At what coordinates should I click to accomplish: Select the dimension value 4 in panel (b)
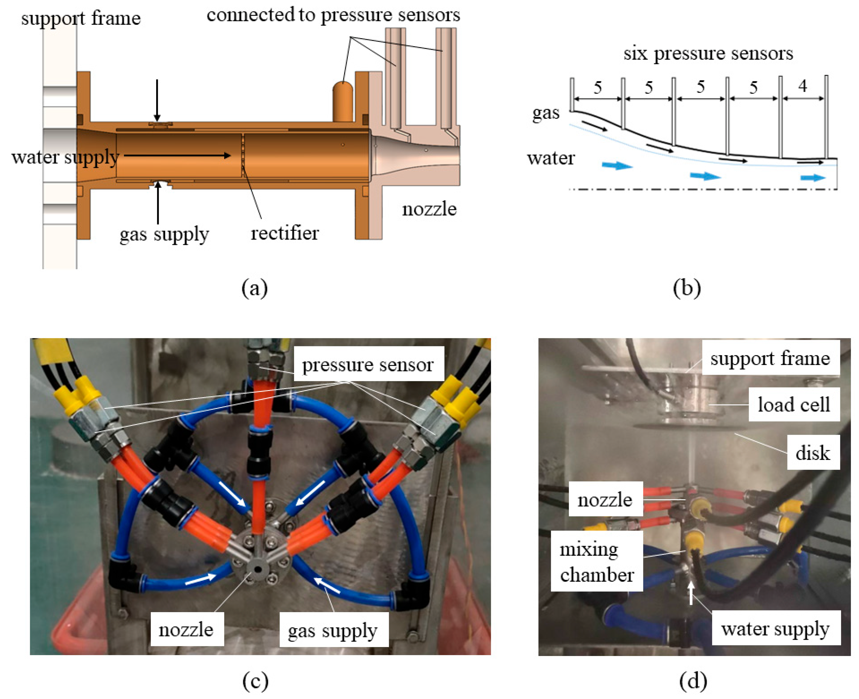click(x=802, y=86)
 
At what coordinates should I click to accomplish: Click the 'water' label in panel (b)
click(x=551, y=158)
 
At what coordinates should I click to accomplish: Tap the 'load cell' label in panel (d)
click(x=793, y=405)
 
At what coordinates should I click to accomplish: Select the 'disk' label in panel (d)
click(x=812, y=453)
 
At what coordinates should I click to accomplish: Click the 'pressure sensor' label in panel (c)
click(x=367, y=365)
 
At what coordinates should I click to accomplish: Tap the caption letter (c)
click(x=255, y=681)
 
